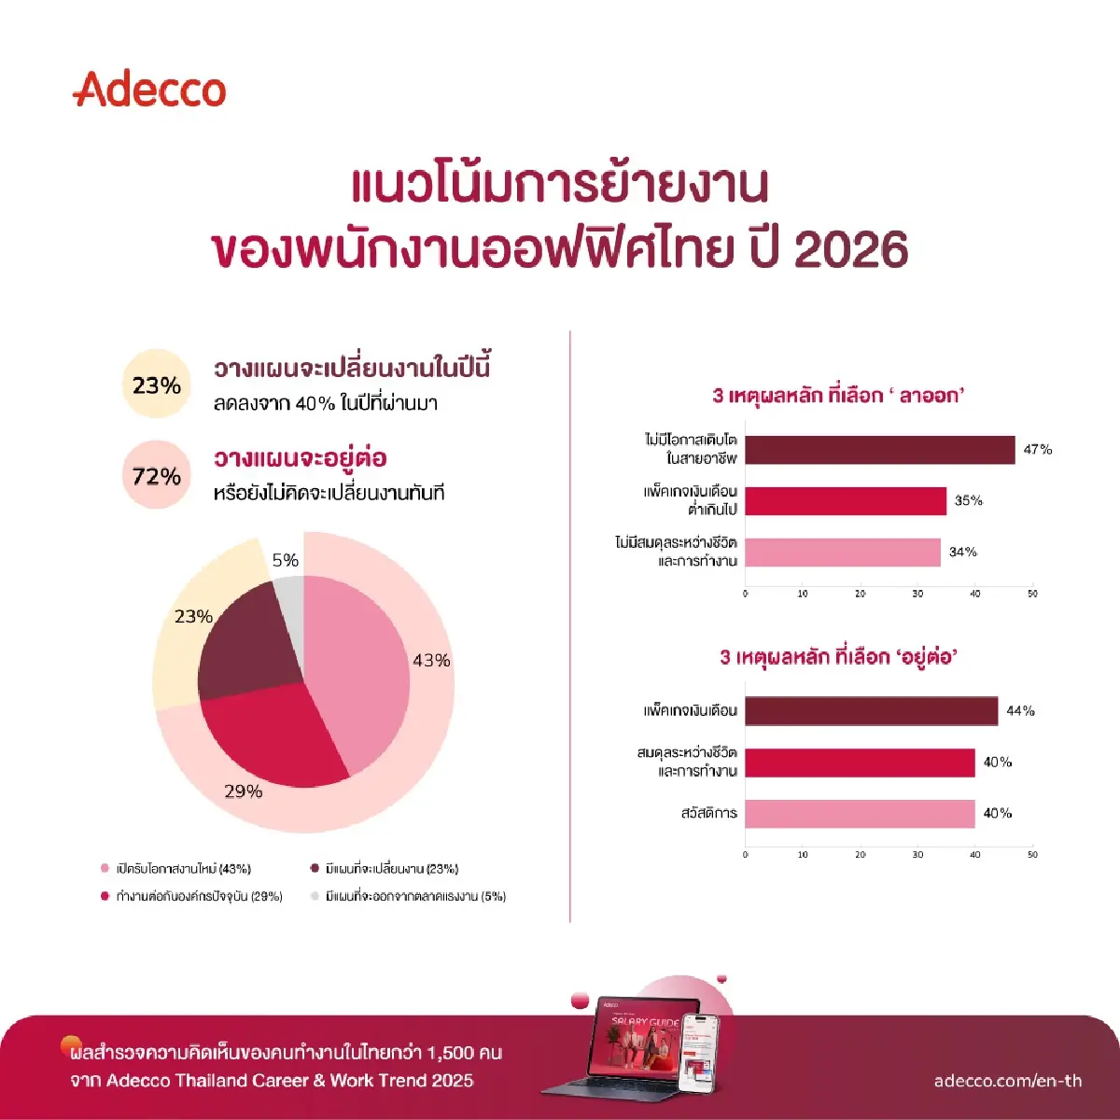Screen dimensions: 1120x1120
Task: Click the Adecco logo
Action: coord(149,90)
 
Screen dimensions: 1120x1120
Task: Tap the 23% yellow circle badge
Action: coord(156,385)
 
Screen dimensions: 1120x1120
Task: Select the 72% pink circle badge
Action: coord(156,476)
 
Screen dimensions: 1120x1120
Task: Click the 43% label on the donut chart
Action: coord(431,660)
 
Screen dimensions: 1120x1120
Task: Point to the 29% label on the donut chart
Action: coord(243,791)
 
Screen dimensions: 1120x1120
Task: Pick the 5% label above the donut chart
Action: coord(286,560)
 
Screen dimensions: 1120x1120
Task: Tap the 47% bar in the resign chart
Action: coord(879,450)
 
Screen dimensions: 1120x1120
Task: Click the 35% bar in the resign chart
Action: coord(846,501)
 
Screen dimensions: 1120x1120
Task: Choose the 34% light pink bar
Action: coord(843,553)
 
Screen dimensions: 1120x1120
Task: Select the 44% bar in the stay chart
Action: coord(871,711)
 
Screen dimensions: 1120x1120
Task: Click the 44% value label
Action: coord(1020,711)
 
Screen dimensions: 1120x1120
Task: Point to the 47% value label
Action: coord(1037,450)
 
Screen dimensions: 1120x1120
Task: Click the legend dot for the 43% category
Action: coord(105,869)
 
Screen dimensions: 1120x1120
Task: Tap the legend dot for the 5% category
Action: coord(315,896)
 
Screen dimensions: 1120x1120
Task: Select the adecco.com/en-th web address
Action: coord(1008,1081)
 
